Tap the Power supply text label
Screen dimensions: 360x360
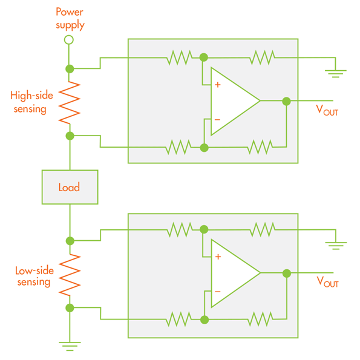70,19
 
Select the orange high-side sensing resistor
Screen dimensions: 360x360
70,103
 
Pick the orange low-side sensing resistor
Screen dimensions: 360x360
70,275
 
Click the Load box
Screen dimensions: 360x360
70,187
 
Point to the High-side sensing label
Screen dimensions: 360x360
31,102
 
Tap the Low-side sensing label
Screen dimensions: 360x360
34,277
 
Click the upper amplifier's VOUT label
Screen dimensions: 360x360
327,110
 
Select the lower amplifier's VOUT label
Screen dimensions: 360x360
327,282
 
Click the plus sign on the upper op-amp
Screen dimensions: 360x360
218,85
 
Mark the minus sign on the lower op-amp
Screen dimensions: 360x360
218,292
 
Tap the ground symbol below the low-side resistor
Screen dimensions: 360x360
70,346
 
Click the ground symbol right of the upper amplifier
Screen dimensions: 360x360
335,73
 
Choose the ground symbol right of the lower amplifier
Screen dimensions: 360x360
336,246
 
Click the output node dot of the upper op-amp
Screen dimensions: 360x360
286,101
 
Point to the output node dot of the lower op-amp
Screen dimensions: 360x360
287,273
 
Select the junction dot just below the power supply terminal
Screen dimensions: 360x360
70,68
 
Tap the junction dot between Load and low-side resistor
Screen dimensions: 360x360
70,241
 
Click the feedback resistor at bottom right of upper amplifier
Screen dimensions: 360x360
260,147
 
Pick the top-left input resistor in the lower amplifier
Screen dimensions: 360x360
180,229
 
